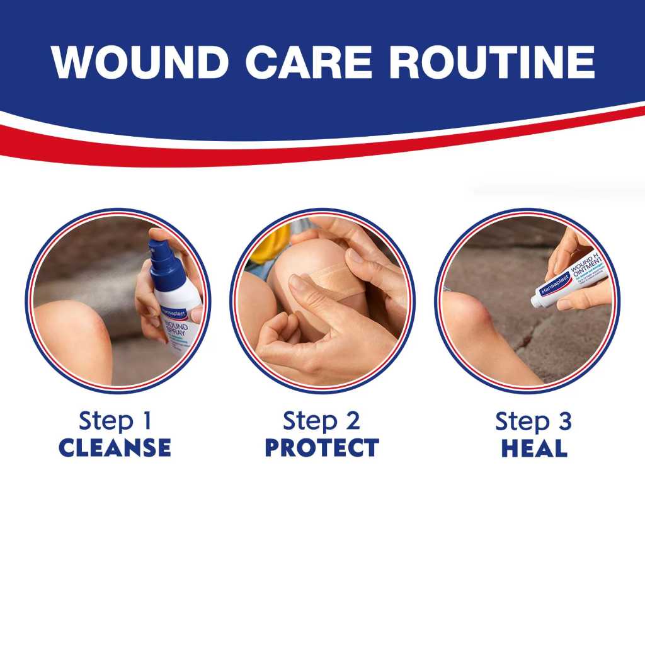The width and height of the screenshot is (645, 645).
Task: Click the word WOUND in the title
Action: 140,62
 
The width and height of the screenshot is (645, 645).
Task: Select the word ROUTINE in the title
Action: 491,62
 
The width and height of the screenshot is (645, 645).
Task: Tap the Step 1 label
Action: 115,421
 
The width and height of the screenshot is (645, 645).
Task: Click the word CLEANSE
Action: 115,448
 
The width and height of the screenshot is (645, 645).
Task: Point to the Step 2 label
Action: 321,421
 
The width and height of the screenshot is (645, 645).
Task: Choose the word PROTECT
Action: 321,448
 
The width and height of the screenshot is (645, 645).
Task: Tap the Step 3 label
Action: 534,421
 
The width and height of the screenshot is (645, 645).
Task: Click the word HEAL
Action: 534,448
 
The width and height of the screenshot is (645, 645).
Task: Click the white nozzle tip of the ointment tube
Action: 536,301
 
